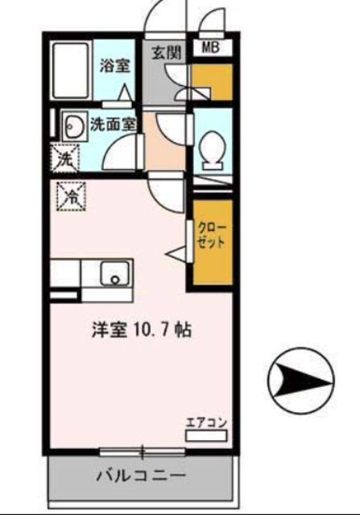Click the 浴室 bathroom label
tap(114, 66)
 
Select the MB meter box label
tap(210, 47)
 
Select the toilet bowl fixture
tap(213, 150)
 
